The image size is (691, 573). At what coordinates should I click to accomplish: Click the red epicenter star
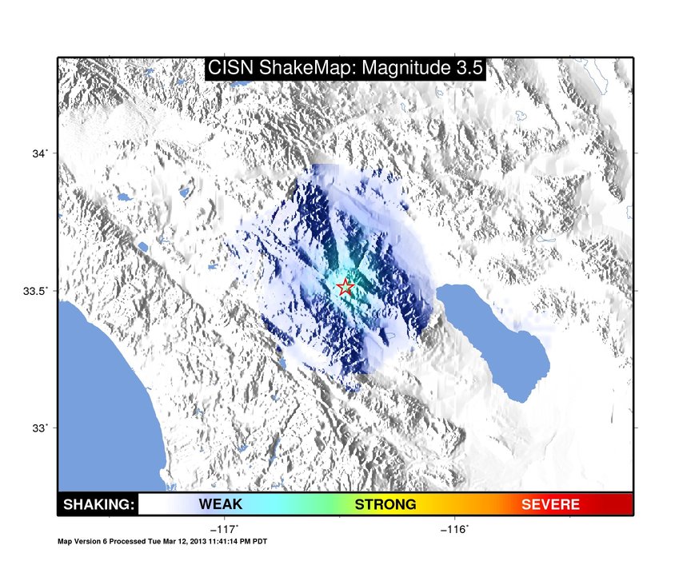click(345, 287)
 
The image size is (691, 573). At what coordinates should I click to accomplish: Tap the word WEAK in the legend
click(221, 503)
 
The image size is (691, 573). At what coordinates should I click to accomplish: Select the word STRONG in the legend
click(385, 504)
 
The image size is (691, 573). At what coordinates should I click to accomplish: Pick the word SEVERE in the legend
click(550, 504)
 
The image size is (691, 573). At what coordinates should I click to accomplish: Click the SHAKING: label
click(98, 504)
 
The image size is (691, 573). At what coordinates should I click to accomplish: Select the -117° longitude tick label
click(225, 529)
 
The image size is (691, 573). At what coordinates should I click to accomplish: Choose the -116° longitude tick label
click(455, 529)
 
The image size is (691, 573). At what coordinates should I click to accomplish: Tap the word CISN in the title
click(230, 68)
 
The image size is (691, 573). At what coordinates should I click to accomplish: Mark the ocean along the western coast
click(102, 396)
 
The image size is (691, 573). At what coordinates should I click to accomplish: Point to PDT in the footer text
click(260, 541)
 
